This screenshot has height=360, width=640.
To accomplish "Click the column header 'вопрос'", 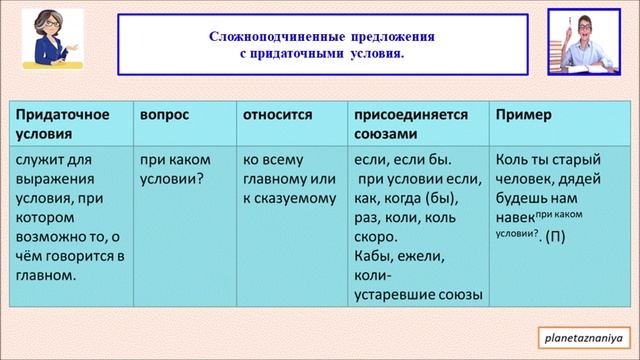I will point(165,115).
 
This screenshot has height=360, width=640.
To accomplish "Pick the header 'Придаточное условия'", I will point(62,124).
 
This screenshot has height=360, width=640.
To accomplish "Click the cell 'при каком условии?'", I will point(173,169).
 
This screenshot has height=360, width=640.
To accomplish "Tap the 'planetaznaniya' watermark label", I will point(581,335).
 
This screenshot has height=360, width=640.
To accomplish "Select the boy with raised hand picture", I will point(585,40).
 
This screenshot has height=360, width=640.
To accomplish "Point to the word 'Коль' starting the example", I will point(511,160).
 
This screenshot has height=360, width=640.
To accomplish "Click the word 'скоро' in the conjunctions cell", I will point(375,238).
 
